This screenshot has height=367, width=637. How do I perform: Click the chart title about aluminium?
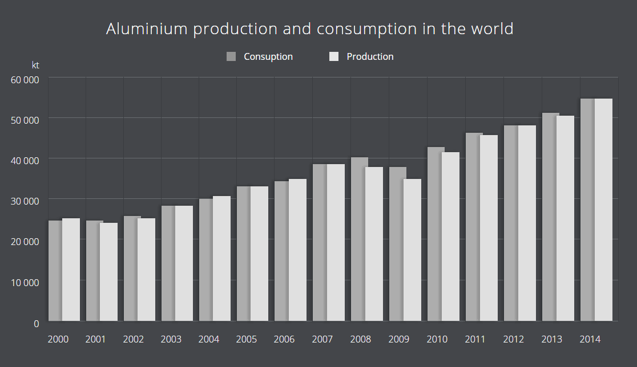coord(309,29)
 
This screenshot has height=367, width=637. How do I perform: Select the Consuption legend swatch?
coord(231,56)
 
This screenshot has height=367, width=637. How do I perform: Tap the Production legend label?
coord(370,56)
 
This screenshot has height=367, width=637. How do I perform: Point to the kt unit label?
coord(35,65)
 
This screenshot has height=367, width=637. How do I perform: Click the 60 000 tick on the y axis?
coord(25,79)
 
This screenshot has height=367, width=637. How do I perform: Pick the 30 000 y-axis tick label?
coord(25,201)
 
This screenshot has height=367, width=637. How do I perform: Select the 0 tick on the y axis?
coord(36,323)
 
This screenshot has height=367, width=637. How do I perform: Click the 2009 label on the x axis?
coord(398,339)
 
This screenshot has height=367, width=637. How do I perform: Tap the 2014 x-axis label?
coord(590,339)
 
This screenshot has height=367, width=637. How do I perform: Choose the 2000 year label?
coord(58,339)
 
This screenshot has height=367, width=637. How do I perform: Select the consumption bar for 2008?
coord(358,239)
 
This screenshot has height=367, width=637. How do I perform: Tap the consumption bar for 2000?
coord(55,271)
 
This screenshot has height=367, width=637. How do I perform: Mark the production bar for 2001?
coord(108,272)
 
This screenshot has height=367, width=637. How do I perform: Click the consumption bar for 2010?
coord(434,234)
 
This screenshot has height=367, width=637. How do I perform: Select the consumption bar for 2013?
coord(549,217)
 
